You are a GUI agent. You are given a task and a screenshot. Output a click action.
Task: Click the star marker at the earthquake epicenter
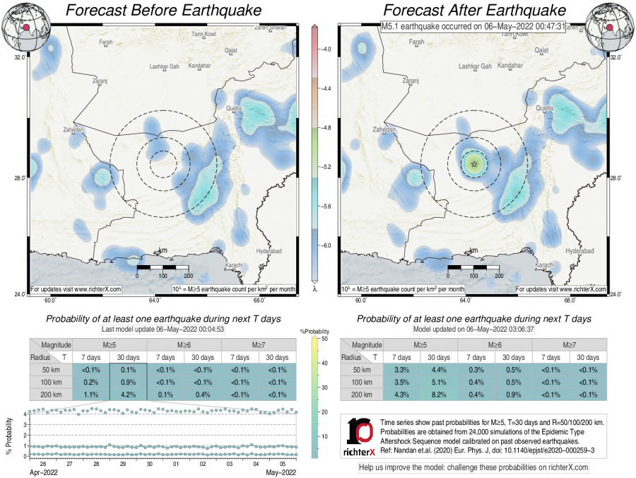coord(473,163)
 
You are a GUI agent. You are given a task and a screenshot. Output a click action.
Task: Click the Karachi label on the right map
coord(543,264)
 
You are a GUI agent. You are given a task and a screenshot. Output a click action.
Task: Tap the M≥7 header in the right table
coord(570,344)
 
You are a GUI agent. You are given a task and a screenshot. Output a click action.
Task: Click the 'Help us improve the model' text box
coord(473,467)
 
